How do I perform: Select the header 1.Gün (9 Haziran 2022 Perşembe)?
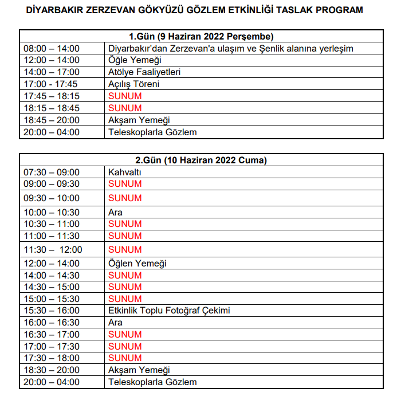coord(201,37)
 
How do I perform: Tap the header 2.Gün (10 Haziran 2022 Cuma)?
coord(201,160)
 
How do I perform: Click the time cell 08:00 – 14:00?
coord(52,48)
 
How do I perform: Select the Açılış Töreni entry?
coord(133,84)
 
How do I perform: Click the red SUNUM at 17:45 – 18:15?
coord(124,96)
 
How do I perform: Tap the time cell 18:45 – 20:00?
coord(52,120)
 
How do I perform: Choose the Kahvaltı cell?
coord(124,172)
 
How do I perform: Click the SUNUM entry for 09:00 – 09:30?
coord(124,184)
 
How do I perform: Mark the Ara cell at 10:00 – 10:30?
coord(115,213)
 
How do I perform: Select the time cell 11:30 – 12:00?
coord(53,249)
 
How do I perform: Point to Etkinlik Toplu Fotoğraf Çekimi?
coord(169,311)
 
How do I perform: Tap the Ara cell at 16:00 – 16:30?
coord(115,323)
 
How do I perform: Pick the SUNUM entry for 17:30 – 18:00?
coord(124,358)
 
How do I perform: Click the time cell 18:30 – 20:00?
coord(52,370)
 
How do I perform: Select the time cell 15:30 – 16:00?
coord(52,311)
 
